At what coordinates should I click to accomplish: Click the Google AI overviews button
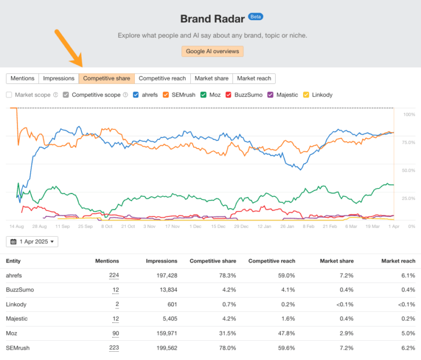tap(212, 51)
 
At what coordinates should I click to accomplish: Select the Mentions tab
tap(22, 78)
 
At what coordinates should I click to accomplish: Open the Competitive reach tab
tap(162, 78)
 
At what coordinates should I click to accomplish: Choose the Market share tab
tap(211, 78)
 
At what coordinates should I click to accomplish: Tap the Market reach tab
tap(254, 78)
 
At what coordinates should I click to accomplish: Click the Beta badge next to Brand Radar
tap(255, 16)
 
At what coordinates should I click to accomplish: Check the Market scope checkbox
tap(9, 95)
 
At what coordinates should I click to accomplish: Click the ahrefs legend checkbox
tap(136, 95)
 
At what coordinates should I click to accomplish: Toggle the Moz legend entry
tap(204, 95)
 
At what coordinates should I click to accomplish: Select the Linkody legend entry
tap(306, 95)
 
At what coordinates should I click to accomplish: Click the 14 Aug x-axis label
tap(16, 226)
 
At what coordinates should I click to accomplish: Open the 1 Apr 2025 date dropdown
tap(32, 242)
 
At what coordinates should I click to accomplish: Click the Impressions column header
tap(161, 261)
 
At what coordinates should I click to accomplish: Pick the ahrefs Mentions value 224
tap(113, 275)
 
